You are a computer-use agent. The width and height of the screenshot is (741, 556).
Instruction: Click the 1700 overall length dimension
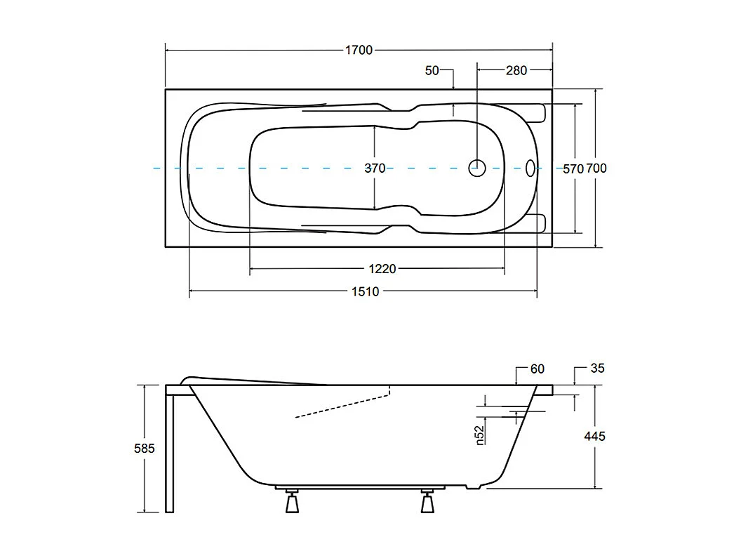(359, 50)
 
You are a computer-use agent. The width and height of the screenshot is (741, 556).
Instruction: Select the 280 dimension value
(516, 70)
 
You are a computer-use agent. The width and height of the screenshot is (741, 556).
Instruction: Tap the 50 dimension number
(432, 70)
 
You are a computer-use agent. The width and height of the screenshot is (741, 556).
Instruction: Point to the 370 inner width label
(375, 168)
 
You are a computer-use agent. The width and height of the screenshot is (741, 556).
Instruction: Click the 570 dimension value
(573, 168)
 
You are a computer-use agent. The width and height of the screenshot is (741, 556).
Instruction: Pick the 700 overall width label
(596, 168)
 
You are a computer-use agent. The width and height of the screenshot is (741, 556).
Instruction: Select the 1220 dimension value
(382, 269)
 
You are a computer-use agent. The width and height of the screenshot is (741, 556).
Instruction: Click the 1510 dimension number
(365, 291)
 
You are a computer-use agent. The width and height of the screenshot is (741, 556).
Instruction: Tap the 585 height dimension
(144, 449)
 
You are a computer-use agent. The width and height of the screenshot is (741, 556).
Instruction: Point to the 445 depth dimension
(594, 436)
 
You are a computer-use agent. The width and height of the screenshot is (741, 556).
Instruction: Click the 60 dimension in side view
(538, 369)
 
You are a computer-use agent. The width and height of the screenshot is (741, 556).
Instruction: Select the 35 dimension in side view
(597, 368)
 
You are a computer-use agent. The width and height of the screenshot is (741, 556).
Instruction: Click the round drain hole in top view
(477, 168)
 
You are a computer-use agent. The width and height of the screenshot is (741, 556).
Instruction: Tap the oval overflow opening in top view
(530, 168)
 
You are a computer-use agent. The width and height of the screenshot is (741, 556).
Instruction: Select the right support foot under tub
(427, 504)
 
